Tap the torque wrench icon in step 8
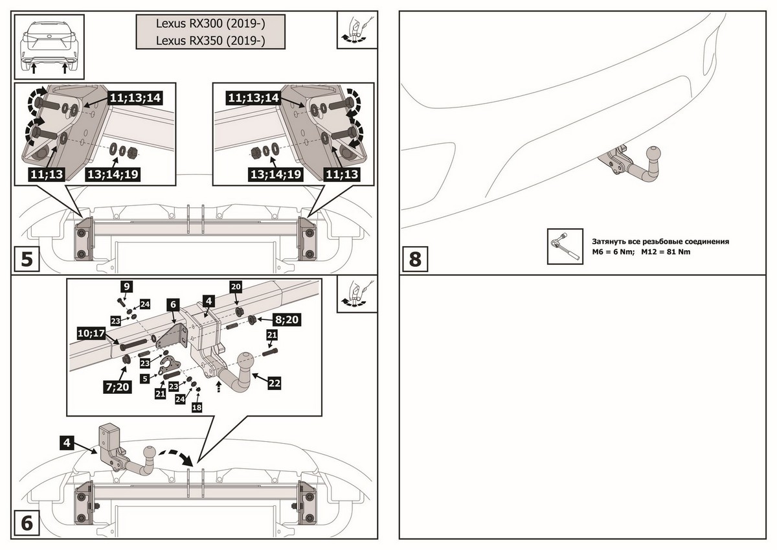tap(561, 246)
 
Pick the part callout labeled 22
tap(274, 384)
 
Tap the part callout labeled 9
tap(126, 286)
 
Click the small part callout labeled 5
tap(146, 377)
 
